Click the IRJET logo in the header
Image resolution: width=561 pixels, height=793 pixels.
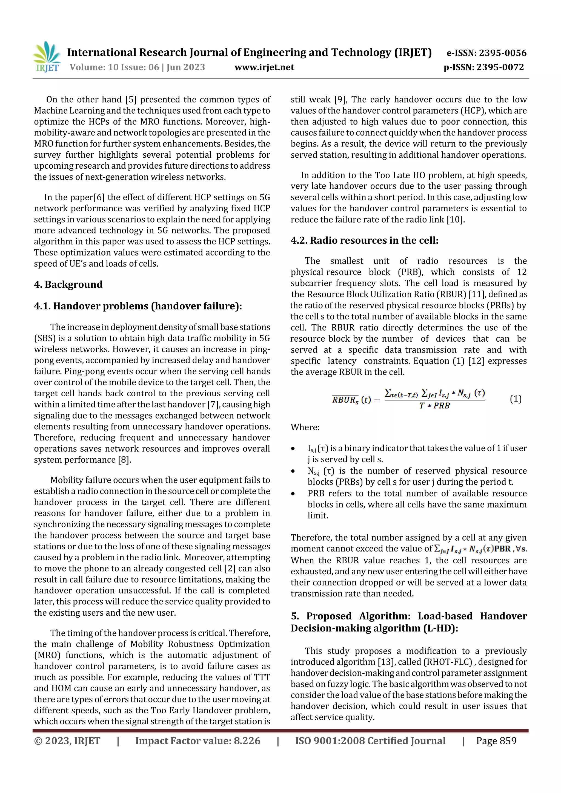pyautogui.click(x=47, y=57)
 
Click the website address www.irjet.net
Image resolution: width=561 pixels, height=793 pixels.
pyautogui.click(x=264, y=67)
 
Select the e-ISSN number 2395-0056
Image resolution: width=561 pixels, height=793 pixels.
pyautogui.click(x=503, y=53)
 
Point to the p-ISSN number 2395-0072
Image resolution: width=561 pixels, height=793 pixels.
pyautogui.click(x=500, y=67)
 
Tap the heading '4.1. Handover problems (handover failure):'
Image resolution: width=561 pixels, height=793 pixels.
pyautogui.click(x=138, y=306)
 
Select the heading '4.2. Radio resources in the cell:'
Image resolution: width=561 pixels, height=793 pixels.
pyautogui.click(x=364, y=240)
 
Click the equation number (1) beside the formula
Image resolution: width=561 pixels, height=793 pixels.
pyautogui.click(x=515, y=399)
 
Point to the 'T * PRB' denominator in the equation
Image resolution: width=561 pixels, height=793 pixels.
pyautogui.click(x=434, y=406)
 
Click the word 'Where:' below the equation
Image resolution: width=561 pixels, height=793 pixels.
pyautogui.click(x=305, y=428)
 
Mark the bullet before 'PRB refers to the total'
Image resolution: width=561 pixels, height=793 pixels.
pyautogui.click(x=293, y=494)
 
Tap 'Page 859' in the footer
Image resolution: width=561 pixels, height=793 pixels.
pyautogui.click(x=496, y=741)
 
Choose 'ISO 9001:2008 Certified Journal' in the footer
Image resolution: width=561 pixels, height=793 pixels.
pyautogui.click(x=370, y=741)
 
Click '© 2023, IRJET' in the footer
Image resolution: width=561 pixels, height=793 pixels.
pyautogui.click(x=67, y=741)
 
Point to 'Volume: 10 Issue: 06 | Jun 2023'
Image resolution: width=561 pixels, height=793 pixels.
pyautogui.click(x=137, y=67)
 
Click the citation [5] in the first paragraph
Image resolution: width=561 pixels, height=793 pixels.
pyautogui.click(x=131, y=100)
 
